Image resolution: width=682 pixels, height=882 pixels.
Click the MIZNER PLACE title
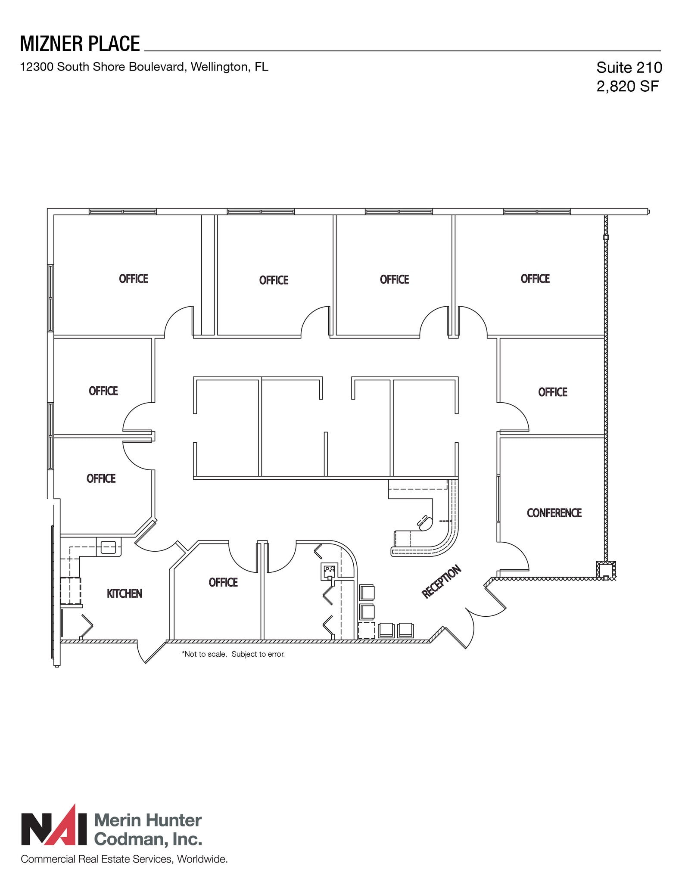pos(80,44)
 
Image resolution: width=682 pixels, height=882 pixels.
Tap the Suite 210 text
pos(629,68)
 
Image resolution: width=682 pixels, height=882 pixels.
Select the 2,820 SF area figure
pos(627,87)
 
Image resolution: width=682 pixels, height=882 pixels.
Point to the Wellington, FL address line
pos(144,67)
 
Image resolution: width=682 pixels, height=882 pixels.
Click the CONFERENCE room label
pos(554,513)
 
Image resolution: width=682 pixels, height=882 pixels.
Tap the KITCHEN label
pos(124,593)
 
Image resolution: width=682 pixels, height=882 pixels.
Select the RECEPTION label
pos(441,582)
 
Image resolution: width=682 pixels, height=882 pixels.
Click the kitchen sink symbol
pos(108,547)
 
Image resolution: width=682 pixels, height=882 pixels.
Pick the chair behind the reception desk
pos(425,522)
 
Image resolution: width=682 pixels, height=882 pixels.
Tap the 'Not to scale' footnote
pos(233,654)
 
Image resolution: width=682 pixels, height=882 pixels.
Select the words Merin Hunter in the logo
pos(148,821)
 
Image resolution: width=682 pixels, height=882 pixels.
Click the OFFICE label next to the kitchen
pos(223,583)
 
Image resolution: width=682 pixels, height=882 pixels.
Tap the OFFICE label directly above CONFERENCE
pos(552,392)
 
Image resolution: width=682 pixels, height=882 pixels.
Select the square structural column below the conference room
pos(606,570)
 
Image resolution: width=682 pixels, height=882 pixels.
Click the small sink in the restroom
pos(329,571)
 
